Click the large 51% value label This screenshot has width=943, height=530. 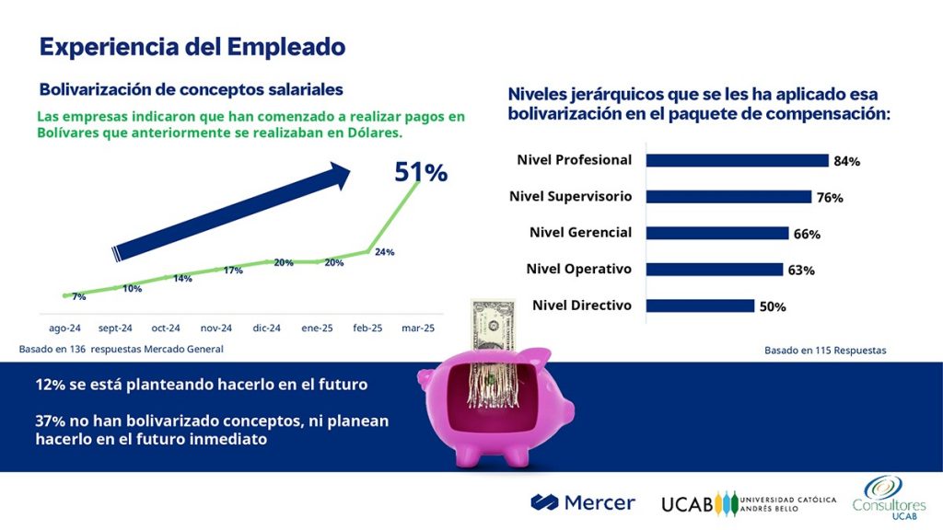[x=421, y=172]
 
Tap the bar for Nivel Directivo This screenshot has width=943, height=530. [x=700, y=305]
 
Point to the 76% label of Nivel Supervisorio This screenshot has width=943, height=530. [x=830, y=198]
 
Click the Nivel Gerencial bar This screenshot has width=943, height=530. [x=717, y=233]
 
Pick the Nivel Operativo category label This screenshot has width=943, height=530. [x=578, y=270]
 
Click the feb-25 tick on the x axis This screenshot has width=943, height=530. [x=368, y=328]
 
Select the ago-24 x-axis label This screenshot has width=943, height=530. [x=64, y=328]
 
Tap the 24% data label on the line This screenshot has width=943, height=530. [x=384, y=252]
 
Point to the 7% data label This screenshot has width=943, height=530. [x=79, y=296]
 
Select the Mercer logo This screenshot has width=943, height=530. [x=583, y=502]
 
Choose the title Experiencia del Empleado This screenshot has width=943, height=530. [x=192, y=47]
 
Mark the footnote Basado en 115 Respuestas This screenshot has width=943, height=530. [x=825, y=351]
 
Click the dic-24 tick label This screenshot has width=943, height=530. [x=267, y=328]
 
